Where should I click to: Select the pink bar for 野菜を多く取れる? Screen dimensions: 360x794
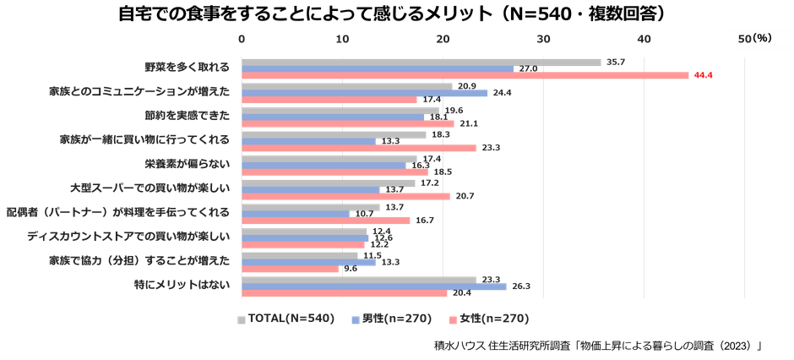point(465,75)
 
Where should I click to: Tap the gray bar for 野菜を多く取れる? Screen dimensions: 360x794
point(421,62)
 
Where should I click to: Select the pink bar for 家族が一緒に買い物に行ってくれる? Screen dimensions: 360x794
point(359,147)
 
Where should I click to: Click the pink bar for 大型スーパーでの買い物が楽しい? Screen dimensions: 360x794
point(346,196)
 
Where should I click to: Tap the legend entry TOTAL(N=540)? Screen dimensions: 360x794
point(287,319)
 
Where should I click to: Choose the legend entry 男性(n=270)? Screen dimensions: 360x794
point(397,319)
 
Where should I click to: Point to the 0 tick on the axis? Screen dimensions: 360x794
point(242,39)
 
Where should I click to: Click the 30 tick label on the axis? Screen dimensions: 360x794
point(544,39)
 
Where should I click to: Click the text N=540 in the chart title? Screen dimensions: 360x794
point(558,14)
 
